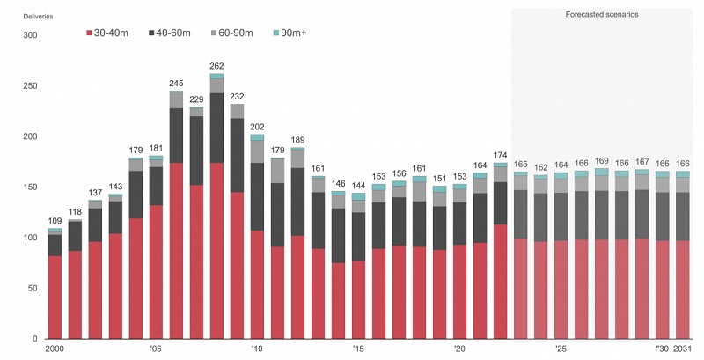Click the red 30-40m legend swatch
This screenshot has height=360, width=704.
coord(87,33)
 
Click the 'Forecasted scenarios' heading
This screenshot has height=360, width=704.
coord(603,15)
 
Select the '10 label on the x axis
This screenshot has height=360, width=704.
coord(256,349)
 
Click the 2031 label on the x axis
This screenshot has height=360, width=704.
coord(682,349)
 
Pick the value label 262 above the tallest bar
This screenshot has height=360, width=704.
coord(216,65)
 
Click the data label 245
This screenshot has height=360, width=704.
coord(176,84)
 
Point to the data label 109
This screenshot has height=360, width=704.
coord(55,221)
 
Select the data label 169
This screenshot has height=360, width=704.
coord(602,161)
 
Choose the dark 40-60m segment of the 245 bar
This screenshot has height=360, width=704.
coord(176,136)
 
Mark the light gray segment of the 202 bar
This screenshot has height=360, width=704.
coord(257,151)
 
